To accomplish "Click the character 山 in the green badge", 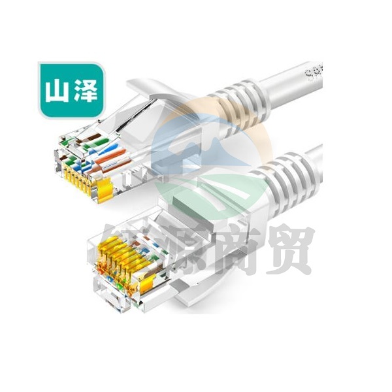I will click(x=57, y=91).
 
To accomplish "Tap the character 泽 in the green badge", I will click(x=86, y=91).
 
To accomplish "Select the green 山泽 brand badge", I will click(x=71, y=90).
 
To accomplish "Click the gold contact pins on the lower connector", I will click(x=122, y=262).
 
